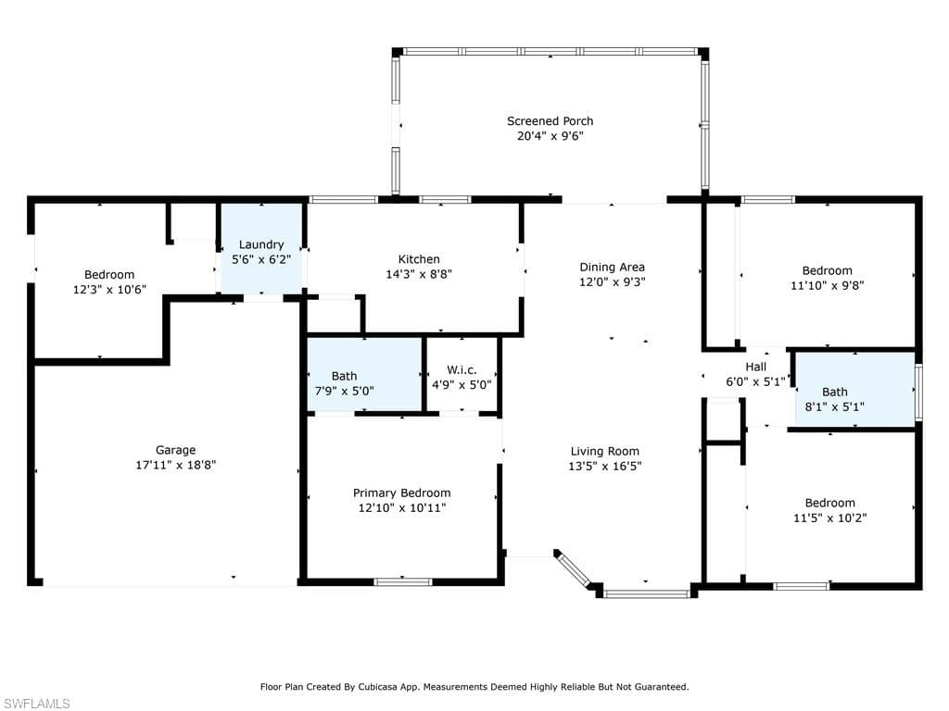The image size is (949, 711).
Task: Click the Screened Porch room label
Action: coord(550,121)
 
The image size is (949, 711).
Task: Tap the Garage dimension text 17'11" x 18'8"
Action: coord(175,465)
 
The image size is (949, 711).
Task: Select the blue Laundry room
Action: coord(260,248)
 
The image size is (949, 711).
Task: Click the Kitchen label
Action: coord(419,259)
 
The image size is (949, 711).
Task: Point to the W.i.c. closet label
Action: coord(462,370)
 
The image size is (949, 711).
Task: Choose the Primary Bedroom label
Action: coord(402,493)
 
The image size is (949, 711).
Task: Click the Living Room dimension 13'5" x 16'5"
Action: coord(604,467)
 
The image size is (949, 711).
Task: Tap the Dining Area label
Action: coord(612,268)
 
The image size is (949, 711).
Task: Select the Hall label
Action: coord(755,367)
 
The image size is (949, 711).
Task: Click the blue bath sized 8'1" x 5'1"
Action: coord(854,390)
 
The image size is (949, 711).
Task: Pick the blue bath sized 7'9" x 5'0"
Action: coord(364,374)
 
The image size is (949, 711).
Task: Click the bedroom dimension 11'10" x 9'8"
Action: coord(827,285)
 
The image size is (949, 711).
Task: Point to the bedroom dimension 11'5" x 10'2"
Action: coord(829,518)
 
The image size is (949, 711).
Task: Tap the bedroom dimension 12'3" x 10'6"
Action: coord(109,290)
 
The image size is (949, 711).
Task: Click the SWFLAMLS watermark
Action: coord(36,704)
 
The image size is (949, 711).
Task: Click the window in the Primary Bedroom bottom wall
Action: coord(403,582)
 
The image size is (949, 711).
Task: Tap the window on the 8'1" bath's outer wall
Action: coord(918,392)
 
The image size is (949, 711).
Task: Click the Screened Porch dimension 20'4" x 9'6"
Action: coord(550,136)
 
